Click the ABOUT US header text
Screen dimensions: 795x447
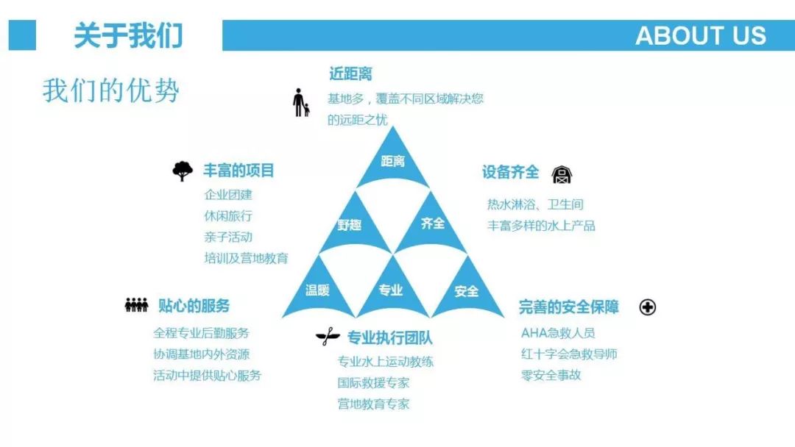click(700, 35)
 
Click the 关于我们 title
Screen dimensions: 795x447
click(128, 35)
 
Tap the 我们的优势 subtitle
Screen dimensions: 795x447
click(111, 90)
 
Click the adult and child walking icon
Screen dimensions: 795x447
click(300, 103)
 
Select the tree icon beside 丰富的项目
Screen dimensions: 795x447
click(183, 171)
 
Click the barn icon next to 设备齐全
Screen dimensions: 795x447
click(562, 175)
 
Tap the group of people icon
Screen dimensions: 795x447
click(136, 305)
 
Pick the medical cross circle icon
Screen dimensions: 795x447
click(648, 307)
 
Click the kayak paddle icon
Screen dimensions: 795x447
click(328, 337)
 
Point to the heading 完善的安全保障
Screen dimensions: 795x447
click(568, 307)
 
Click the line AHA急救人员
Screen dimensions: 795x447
click(558, 333)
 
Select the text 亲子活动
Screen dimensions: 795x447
click(228, 237)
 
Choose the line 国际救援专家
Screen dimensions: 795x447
click(373, 383)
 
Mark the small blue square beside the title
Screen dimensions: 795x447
click(22, 35)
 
